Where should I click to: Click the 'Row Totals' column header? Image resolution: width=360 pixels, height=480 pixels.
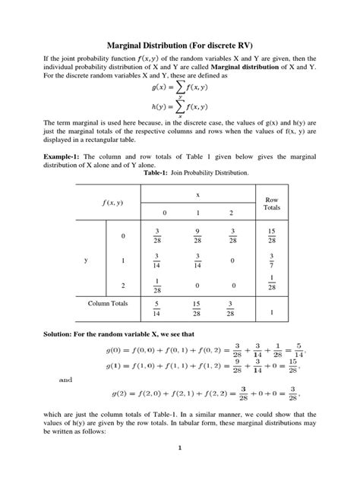271,203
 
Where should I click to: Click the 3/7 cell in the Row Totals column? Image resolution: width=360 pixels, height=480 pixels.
271,261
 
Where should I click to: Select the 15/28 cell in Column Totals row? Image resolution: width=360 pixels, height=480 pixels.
197,308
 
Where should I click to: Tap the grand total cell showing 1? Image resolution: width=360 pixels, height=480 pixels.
271,311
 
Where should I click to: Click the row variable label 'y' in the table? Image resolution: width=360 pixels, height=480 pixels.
86,261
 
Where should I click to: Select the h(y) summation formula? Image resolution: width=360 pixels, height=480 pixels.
179,109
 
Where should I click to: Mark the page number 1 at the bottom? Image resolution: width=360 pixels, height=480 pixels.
180,469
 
